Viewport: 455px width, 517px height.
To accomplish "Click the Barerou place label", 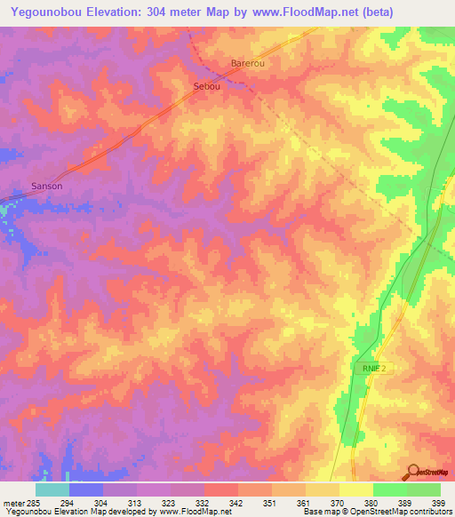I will pyautogui.click(x=248, y=64).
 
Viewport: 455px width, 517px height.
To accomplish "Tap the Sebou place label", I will pyautogui.click(x=206, y=86).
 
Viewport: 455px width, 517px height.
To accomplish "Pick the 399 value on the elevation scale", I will pyautogui.click(x=440, y=504).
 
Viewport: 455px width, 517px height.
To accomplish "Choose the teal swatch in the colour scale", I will pyautogui.click(x=52, y=489).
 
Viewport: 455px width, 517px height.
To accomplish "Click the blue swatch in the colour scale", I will pyautogui.click(x=86, y=489).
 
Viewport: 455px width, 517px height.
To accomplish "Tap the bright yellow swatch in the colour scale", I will pyautogui.click(x=355, y=489).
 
